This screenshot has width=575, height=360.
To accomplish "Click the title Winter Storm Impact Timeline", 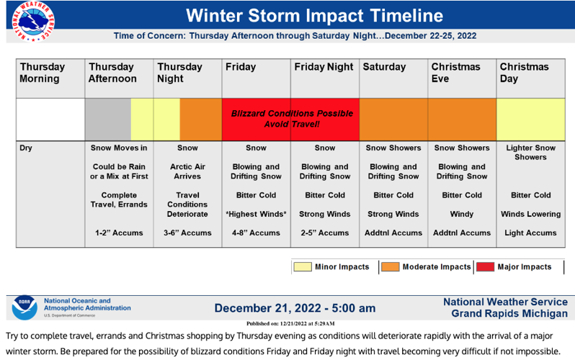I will pos(314,16).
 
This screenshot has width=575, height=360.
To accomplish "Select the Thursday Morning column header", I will pos(43,73).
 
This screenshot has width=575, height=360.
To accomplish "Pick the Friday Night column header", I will pos(324,67).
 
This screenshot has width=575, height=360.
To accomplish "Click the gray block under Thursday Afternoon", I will pos(108,120).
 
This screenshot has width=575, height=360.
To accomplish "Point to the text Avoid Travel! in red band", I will pos(292,125).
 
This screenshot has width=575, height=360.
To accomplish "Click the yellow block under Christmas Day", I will pos(530,120).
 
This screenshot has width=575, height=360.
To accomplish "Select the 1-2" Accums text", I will pos(119,233).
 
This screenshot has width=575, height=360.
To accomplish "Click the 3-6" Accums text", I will pos(187,233).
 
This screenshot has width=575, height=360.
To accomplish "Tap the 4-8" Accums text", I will pos(256,233).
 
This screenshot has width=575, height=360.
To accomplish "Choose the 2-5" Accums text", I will pos(324,233).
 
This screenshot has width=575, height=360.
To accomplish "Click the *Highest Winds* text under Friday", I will pos(256,214).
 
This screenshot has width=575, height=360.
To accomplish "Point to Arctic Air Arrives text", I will pos(187,171).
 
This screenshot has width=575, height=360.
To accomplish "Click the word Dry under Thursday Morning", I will pos(27,148).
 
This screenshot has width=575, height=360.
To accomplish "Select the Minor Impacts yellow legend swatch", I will pos(301,267).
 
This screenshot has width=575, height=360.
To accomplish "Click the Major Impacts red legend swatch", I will pos(485,267).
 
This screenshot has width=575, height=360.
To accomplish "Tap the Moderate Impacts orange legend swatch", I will pos(390,267).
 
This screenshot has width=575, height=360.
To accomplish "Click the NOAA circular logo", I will pos(23,307).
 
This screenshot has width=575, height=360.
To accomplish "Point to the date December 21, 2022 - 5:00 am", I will pos(295,308).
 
